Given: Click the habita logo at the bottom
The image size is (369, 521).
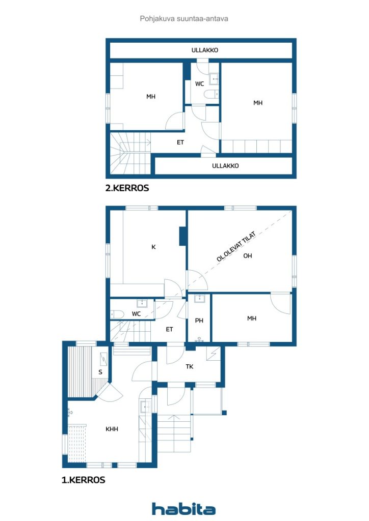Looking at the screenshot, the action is click(183, 509).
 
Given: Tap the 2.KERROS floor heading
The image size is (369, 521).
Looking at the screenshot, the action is click(127, 188).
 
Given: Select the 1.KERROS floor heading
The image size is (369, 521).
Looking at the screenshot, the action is click(84, 480).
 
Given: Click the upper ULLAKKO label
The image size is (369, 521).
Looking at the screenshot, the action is click(204, 50).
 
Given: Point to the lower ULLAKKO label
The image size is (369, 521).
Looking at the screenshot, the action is click(225, 165).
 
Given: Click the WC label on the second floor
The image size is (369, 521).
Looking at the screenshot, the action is click(199, 84).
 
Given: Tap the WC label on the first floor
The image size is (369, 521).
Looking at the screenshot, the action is click(136, 313).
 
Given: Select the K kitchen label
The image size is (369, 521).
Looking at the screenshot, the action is click(153, 247).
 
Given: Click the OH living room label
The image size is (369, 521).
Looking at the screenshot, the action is click(248, 255).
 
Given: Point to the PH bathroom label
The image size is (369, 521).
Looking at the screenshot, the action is click(199, 321).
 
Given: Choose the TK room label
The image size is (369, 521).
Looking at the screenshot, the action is click(189, 366).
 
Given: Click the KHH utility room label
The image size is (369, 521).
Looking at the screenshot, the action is click(112, 429).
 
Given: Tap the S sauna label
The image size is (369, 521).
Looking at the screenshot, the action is click(100, 372).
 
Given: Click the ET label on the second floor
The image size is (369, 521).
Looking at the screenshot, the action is click(180, 142).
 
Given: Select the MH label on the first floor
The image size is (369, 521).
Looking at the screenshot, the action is click(252, 319).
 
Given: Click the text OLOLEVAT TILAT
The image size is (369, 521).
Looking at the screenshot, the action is click(236, 246).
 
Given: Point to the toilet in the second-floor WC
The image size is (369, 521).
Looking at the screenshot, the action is click(210, 94).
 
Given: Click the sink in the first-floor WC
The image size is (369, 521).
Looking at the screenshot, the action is click(142, 303).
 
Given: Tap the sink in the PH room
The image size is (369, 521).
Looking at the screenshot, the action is click(199, 298).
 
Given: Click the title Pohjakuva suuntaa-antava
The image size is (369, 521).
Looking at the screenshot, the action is click(184, 19).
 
